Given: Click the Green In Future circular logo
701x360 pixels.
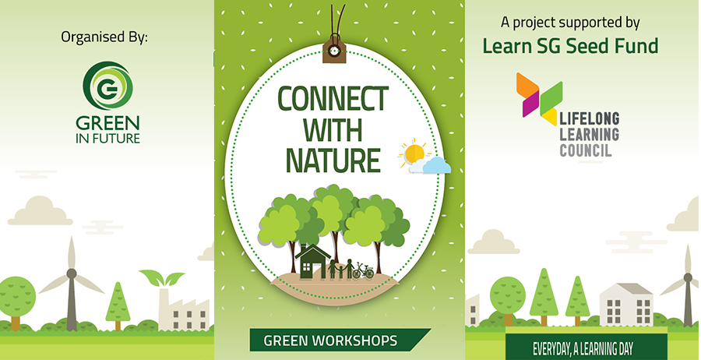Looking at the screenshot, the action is point(107,86).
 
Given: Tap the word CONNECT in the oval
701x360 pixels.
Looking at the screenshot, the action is point(333,98).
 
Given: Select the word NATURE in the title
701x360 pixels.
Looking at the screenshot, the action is point(333,159).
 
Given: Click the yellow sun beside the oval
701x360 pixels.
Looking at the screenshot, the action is point(414,153).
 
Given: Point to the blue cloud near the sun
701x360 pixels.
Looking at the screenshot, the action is point(432,165).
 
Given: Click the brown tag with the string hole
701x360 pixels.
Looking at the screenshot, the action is point(334,50).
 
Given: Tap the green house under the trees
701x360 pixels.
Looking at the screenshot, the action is point(312,262).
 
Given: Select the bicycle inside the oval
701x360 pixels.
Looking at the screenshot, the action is point(363,270).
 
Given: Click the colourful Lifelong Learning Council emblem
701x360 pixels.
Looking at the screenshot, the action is point(539,98).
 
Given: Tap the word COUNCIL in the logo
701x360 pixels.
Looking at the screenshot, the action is point(586,150).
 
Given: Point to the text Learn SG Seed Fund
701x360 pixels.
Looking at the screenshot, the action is point(570,46).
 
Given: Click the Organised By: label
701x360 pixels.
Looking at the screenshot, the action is point(104,37).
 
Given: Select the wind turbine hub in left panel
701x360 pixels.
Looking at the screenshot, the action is point(71,274).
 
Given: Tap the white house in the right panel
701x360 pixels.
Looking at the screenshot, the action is point(626,304).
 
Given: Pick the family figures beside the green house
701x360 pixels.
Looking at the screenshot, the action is point(341,269).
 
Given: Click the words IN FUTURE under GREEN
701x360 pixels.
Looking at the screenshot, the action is point(107,138).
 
